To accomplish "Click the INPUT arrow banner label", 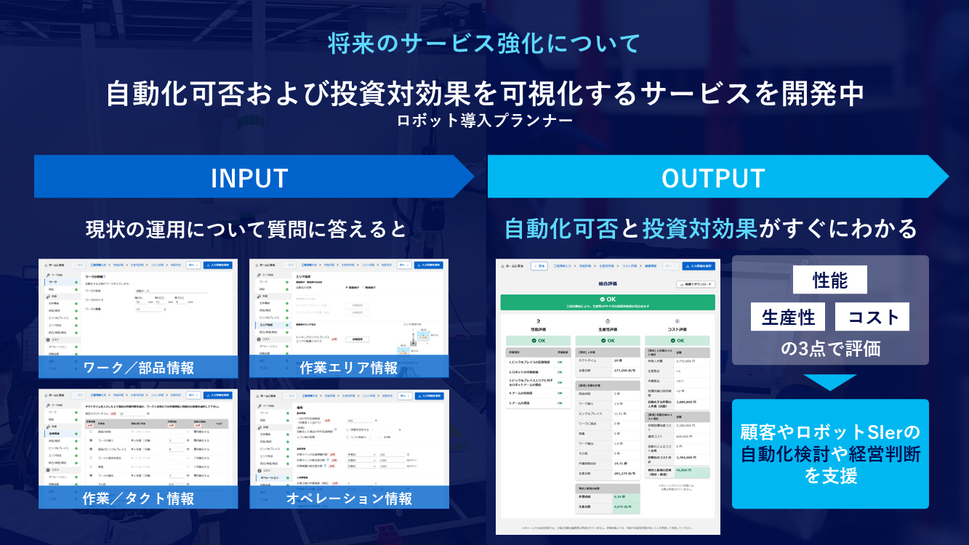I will (249, 178).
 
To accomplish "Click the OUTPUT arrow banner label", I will (713, 178).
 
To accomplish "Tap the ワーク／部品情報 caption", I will (139, 368).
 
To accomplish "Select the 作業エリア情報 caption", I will (349, 368).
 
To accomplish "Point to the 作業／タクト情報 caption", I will (139, 498).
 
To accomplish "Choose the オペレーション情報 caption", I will (349, 498).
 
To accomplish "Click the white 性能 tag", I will (829, 281).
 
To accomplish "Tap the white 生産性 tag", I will (788, 317).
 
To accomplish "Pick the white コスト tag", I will (873, 317).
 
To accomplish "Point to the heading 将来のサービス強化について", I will (484, 44).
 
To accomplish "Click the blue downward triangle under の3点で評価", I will (829, 381).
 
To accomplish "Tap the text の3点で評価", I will (830, 348).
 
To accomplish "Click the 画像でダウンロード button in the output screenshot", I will (696, 284).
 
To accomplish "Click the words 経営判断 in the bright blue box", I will (889, 454).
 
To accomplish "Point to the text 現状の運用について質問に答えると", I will (246, 230).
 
